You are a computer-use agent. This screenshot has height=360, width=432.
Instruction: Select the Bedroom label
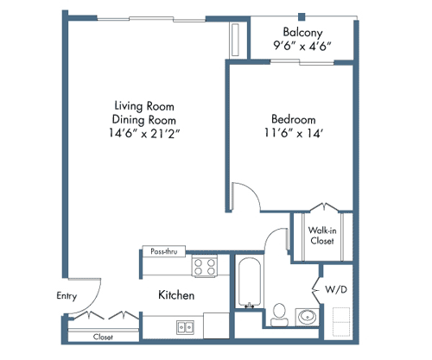[293, 118]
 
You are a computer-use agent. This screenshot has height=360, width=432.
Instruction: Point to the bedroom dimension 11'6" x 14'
[293, 134]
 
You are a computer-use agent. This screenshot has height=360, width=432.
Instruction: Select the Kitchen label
[176, 295]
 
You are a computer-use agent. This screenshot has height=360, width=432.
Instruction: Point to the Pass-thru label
[164, 251]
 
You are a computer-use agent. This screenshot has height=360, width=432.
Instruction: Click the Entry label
[67, 295]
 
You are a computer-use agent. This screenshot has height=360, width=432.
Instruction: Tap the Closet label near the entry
[103, 338]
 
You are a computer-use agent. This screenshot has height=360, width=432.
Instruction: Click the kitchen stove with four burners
[205, 268]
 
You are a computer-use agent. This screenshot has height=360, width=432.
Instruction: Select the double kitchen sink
[185, 326]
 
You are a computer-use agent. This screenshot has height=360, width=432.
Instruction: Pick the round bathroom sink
[307, 317]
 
